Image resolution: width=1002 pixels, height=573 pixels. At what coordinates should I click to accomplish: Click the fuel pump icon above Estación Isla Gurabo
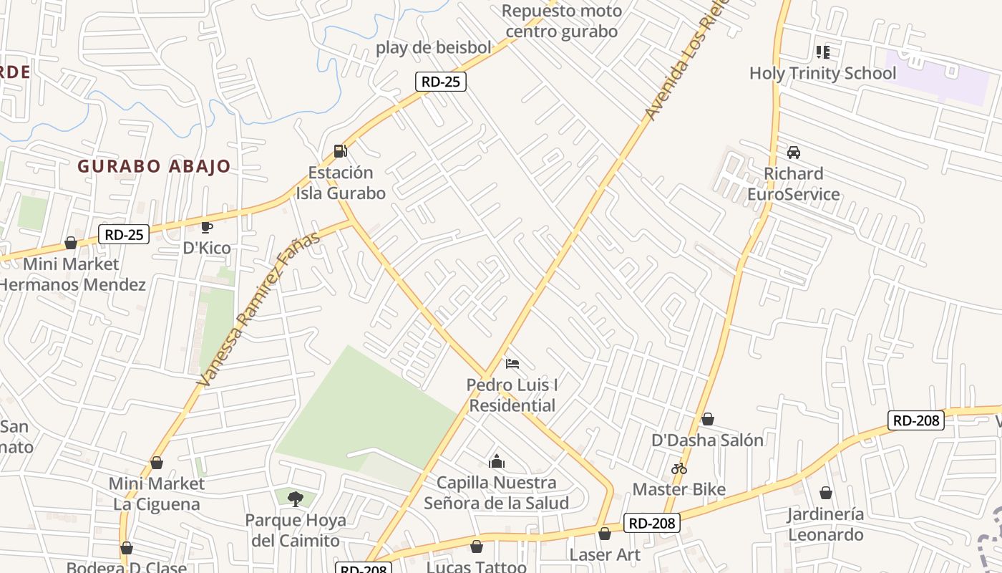[x=341, y=151]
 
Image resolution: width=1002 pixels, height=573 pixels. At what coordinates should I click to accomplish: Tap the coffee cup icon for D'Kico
[x=207, y=227]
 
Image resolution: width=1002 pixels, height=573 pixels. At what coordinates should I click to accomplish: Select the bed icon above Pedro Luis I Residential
[x=512, y=364]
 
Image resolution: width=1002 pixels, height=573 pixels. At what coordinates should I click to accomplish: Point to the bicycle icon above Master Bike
[x=679, y=468]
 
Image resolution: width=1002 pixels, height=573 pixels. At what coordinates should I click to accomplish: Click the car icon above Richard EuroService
[x=793, y=153]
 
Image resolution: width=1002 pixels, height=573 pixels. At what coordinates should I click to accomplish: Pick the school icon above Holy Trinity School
[x=822, y=52]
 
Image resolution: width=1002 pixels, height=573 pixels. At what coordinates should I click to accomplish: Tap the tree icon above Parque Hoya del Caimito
[x=295, y=499]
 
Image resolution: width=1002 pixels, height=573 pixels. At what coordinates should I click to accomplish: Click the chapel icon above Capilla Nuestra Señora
[x=496, y=461]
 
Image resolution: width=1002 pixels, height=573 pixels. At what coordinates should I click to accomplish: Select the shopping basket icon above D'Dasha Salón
[x=707, y=419]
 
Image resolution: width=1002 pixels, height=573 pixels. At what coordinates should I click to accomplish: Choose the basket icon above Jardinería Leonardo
[x=825, y=493]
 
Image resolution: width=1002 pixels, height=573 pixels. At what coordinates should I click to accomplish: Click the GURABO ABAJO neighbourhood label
[x=154, y=166]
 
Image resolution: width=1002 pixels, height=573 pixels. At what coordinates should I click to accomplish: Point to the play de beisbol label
[x=434, y=48]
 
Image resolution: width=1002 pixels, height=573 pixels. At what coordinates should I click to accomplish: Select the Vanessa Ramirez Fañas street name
[x=258, y=309]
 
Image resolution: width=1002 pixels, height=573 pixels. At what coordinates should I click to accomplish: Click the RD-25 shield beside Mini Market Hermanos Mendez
[x=124, y=234]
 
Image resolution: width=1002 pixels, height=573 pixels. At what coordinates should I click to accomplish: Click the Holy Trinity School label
[x=822, y=73]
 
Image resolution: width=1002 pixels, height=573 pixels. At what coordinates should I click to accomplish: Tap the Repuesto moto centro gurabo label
[x=561, y=21]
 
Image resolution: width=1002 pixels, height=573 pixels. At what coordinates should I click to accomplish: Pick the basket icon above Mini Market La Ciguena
[x=156, y=463]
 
